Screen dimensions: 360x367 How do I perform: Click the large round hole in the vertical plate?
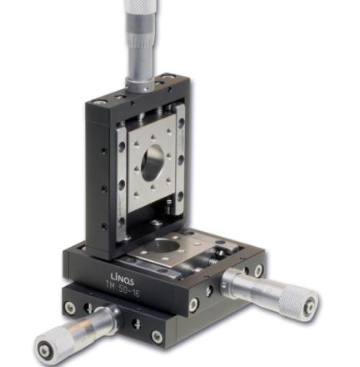pyautogui.click(x=152, y=163)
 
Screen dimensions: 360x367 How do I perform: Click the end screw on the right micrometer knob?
pyautogui.click(x=309, y=305)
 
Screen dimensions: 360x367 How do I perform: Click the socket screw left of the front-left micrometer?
pyautogui.click(x=69, y=307)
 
